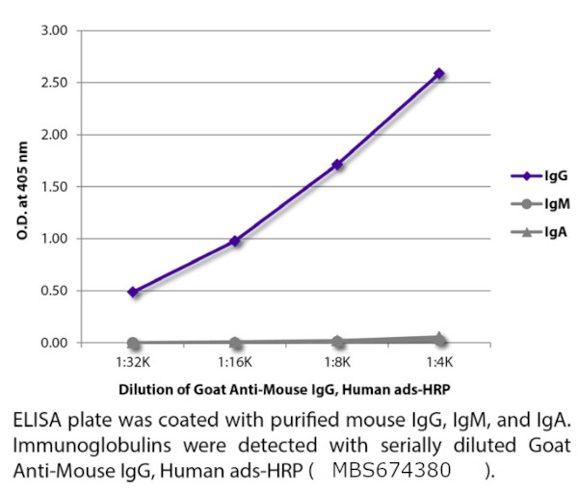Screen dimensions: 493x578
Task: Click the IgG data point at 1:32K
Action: coord(133,292)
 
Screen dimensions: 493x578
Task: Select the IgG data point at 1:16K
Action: coord(235,241)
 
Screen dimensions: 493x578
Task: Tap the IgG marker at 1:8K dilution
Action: coord(337,165)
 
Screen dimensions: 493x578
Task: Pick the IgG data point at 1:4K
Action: coord(439,73)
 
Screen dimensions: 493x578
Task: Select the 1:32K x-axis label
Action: coord(133,363)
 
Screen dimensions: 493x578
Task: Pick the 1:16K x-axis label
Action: coord(235,363)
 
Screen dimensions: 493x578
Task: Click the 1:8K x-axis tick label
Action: coord(337,363)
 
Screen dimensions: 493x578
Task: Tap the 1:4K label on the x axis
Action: coord(439,363)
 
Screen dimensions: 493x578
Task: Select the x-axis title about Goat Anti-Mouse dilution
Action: coord(285,390)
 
